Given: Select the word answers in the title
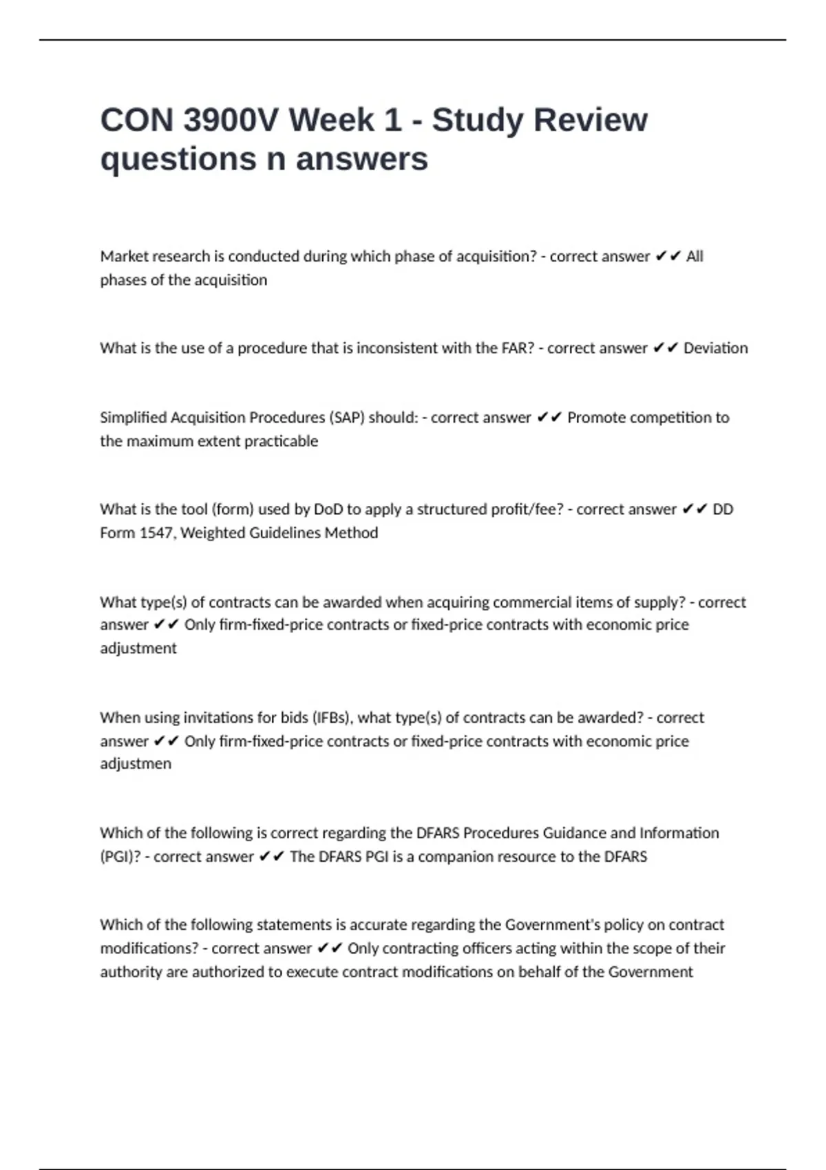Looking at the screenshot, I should pos(361,159).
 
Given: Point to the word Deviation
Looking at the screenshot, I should pos(715,348).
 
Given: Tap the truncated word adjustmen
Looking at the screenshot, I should pos(136,764).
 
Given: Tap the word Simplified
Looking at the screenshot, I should pos(133,418).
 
